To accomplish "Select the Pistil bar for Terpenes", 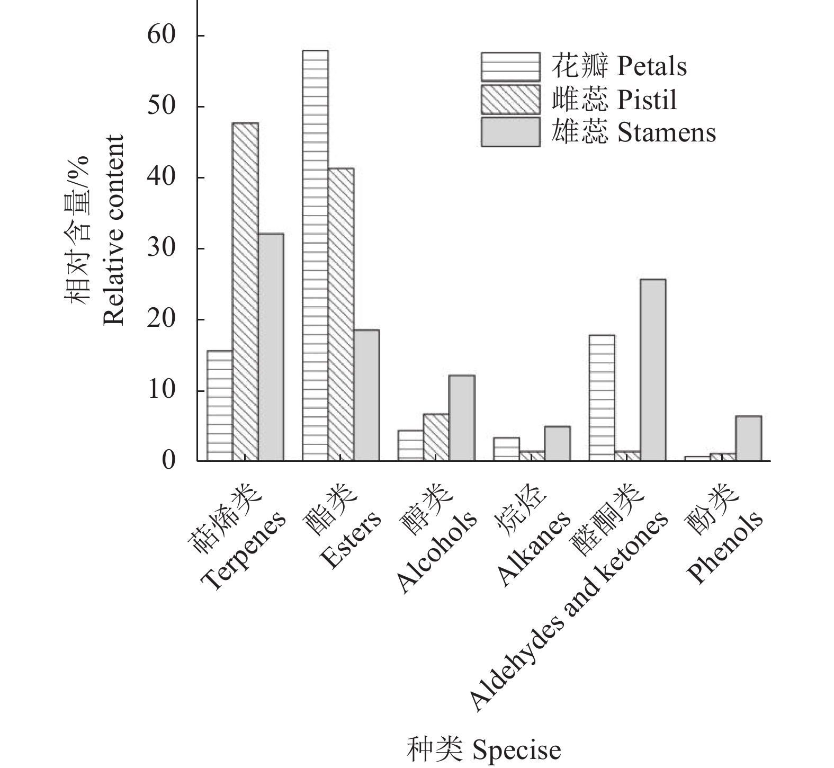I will pos(245,291).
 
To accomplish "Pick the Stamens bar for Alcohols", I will pos(462,418).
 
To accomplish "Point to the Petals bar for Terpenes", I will pos(220,405).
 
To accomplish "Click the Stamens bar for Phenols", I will pos(748,438).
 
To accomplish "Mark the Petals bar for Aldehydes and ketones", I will pos(602,397).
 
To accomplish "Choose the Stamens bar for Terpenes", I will pos(271,347).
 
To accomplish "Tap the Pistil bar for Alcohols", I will pos(436,437).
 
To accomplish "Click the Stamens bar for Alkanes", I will pos(557,443).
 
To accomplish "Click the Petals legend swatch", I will pos(510,66).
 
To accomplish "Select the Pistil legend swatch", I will pos(510,99).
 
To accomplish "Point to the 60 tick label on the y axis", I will pos(161,35).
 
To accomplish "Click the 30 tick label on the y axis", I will pos(161,248).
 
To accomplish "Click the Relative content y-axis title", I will pos(114,230).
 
